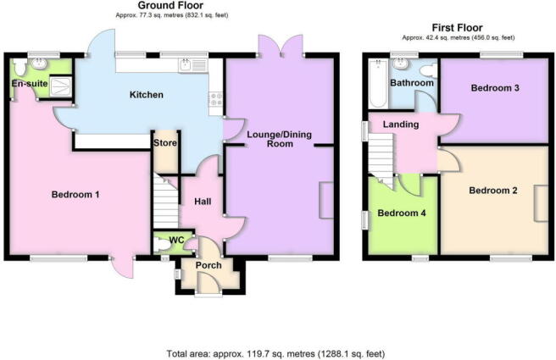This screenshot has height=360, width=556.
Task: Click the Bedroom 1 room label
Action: pos(75,195)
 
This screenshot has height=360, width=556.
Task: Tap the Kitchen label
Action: pos(146,95)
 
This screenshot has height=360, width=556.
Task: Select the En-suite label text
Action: pos(29,84)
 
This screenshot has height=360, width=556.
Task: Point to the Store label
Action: pos(164,142)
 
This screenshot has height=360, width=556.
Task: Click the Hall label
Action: pos(202,202)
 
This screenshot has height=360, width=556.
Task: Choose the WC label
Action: pos(176,241)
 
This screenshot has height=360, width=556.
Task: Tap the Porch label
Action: pos(208,266)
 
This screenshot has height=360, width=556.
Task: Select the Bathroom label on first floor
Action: pos(411,83)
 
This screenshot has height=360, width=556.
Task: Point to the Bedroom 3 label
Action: pos(495,88)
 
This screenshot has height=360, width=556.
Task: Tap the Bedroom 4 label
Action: pos(401,213)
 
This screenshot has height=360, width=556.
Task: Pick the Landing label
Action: pos(400,125)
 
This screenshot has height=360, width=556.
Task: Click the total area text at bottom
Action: pos(277,353)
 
